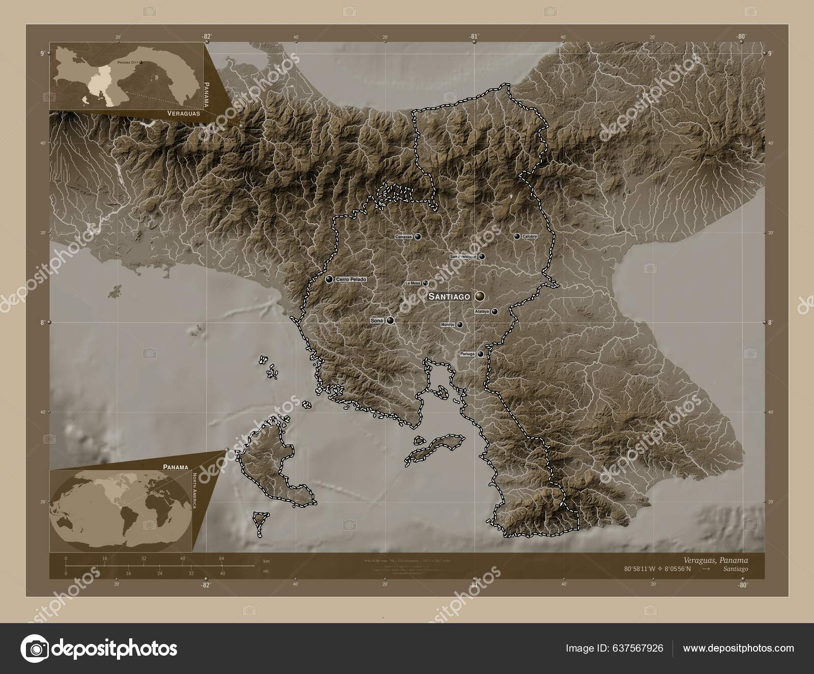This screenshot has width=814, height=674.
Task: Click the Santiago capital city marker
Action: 480,296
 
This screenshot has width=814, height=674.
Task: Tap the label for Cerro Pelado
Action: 351,279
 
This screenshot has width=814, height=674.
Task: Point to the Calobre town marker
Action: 517,236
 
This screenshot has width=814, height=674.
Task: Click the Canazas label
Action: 403,237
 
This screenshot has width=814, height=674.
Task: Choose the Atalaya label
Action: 481,312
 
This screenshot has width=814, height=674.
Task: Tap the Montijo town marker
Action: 460,324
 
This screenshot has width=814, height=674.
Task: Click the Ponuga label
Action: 467,354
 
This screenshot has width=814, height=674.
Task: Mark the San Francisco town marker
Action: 481,257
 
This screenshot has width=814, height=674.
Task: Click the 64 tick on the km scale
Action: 222,558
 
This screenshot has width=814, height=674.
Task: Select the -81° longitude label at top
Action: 474,36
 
